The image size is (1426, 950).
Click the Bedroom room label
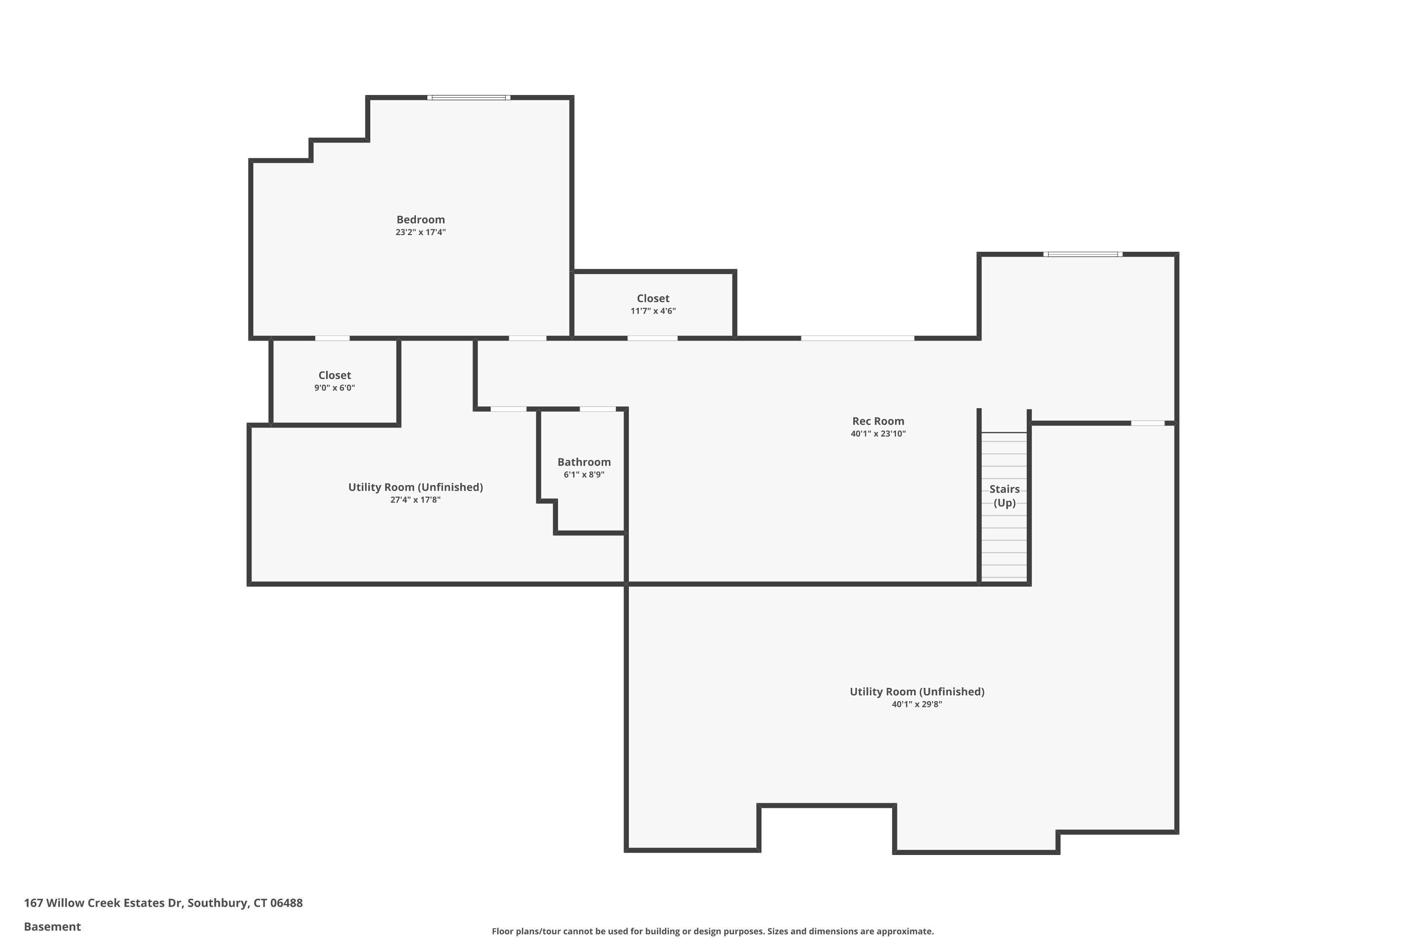click(420, 219)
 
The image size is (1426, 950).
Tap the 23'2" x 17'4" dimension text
click(420, 232)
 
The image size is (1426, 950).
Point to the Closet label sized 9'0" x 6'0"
click(334, 375)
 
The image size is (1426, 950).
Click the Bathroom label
click(583, 462)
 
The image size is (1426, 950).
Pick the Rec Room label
click(877, 421)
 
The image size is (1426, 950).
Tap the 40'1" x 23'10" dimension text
click(877, 434)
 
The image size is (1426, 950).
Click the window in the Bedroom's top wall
click(468, 97)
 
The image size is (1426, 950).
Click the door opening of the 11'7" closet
click(652, 338)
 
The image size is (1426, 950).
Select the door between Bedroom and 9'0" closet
click(332, 338)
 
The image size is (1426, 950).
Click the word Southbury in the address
click(217, 903)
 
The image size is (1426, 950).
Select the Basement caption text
click(52, 926)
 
